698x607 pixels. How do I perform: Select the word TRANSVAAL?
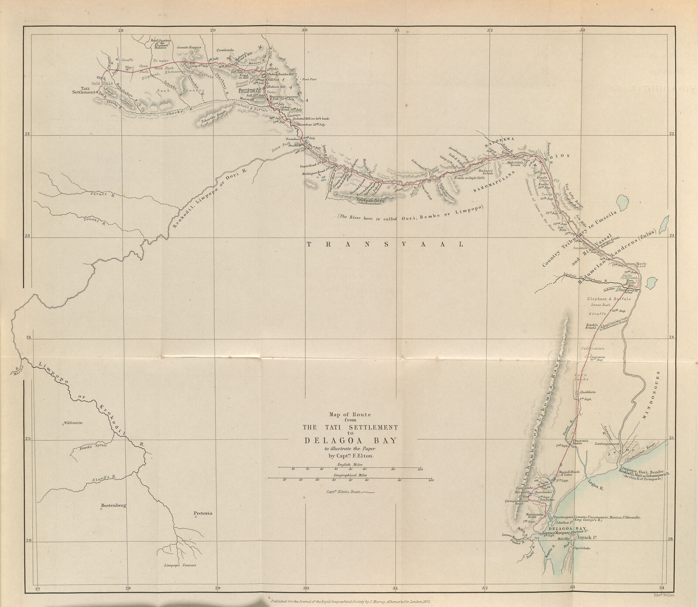pyautogui.click(x=384, y=245)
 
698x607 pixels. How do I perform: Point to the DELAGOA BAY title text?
pyautogui.click(x=351, y=441)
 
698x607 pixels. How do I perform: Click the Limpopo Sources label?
pyautogui.click(x=180, y=565)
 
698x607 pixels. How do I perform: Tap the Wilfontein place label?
pyautogui.click(x=73, y=423)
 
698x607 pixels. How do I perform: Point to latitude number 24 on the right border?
pyautogui.click(x=671, y=337)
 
